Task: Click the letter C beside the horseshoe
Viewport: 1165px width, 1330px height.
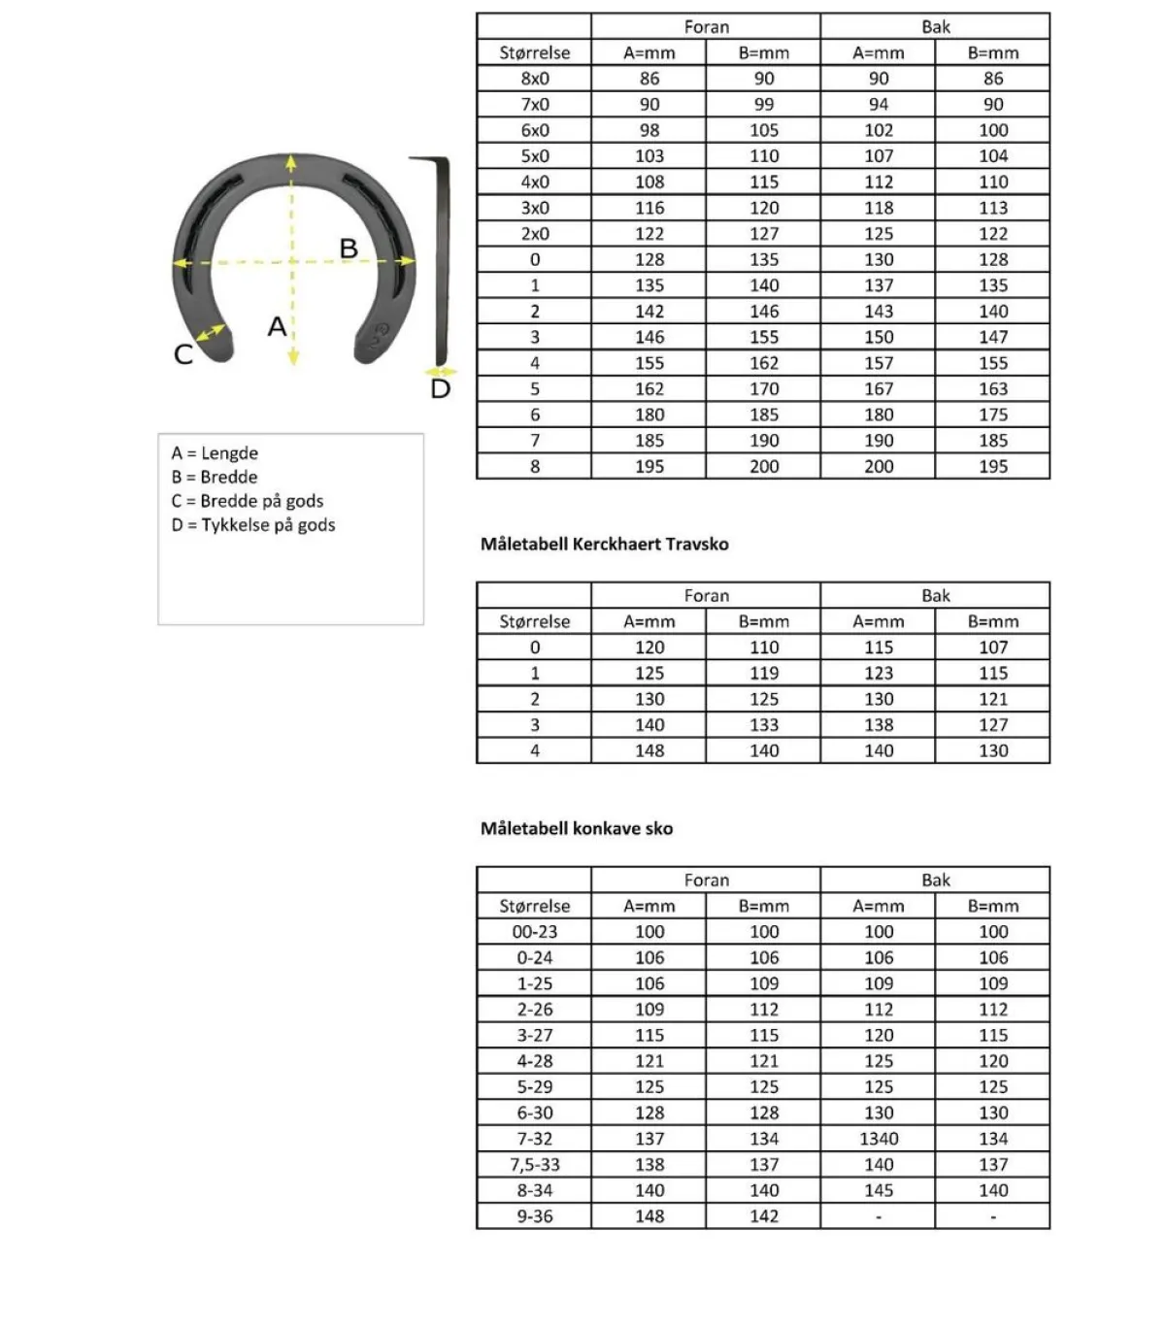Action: pyautogui.click(x=183, y=354)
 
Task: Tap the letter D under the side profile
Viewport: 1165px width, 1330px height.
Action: pyautogui.click(x=441, y=389)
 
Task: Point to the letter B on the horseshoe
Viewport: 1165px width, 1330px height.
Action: pyautogui.click(x=349, y=249)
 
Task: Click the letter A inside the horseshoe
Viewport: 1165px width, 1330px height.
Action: pyautogui.click(x=278, y=326)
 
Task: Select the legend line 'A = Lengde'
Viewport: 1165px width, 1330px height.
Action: pyautogui.click(x=215, y=453)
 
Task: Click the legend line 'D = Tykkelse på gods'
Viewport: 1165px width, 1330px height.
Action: pyautogui.click(x=253, y=525)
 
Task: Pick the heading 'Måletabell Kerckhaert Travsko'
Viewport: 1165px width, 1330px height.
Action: pyautogui.click(x=604, y=545)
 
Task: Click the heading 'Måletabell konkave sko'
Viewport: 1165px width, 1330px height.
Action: pyautogui.click(x=577, y=829)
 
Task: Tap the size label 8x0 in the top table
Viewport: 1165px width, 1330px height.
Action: pyautogui.click(x=535, y=79)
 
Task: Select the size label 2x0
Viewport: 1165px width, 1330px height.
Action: pyautogui.click(x=535, y=234)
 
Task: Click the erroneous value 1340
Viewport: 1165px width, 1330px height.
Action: pyautogui.click(x=879, y=1139)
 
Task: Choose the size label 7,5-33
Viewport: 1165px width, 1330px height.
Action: pyautogui.click(x=535, y=1165)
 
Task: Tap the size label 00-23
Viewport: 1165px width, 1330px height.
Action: pyautogui.click(x=535, y=932)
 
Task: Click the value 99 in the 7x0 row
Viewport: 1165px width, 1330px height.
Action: pyautogui.click(x=764, y=105)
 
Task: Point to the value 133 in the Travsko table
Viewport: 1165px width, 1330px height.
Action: pyautogui.click(x=764, y=725)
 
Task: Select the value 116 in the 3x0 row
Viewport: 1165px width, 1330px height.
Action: pyautogui.click(x=649, y=208)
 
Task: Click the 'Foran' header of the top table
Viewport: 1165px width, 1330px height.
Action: pyautogui.click(x=706, y=27)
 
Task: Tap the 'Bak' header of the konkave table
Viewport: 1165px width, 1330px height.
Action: pyautogui.click(x=935, y=881)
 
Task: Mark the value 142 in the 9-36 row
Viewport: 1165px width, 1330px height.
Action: pyautogui.click(x=764, y=1216)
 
